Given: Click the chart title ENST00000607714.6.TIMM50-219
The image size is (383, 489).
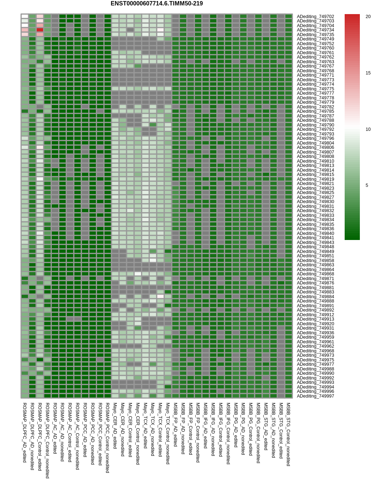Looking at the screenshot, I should [x=157, y=4].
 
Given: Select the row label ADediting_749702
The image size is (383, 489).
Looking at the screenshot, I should [x=315, y=17].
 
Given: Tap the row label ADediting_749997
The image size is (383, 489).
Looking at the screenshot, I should [x=315, y=396].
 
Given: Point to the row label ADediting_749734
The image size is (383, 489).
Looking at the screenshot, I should [x=315, y=30].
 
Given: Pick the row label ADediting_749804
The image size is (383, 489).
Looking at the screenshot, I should [x=315, y=143].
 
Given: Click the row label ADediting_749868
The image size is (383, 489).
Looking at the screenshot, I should [x=315, y=274].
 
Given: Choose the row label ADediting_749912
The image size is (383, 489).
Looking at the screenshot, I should [x=315, y=315].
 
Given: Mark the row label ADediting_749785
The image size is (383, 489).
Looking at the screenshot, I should [x=315, y=111].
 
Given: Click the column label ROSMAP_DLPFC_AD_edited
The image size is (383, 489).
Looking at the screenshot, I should [x=25, y=432].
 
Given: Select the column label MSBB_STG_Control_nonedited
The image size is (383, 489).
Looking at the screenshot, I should [x=289, y=434].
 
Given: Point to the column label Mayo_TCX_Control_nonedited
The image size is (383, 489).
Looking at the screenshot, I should [x=168, y=433].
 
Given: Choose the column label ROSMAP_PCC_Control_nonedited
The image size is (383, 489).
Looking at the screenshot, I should [x=107, y=438].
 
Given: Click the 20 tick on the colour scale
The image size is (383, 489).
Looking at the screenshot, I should [x=368, y=17].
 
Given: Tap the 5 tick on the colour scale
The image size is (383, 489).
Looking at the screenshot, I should [x=367, y=185].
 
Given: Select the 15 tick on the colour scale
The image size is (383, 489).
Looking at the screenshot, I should [x=368, y=73].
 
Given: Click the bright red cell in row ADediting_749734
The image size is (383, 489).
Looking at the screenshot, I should [x=40, y=30].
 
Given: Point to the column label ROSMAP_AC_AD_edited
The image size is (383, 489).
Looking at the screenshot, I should [x=55, y=428].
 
